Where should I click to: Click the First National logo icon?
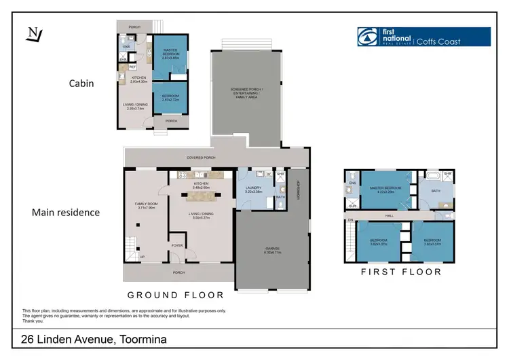(x=370, y=37)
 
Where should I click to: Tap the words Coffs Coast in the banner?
(x=438, y=41)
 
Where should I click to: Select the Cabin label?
(x=81, y=84)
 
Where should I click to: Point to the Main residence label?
(x=66, y=213)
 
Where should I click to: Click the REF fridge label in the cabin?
(x=133, y=67)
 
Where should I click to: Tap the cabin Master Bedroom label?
(x=165, y=55)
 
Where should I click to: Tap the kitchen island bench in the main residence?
(x=202, y=196)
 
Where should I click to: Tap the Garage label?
(x=272, y=249)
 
